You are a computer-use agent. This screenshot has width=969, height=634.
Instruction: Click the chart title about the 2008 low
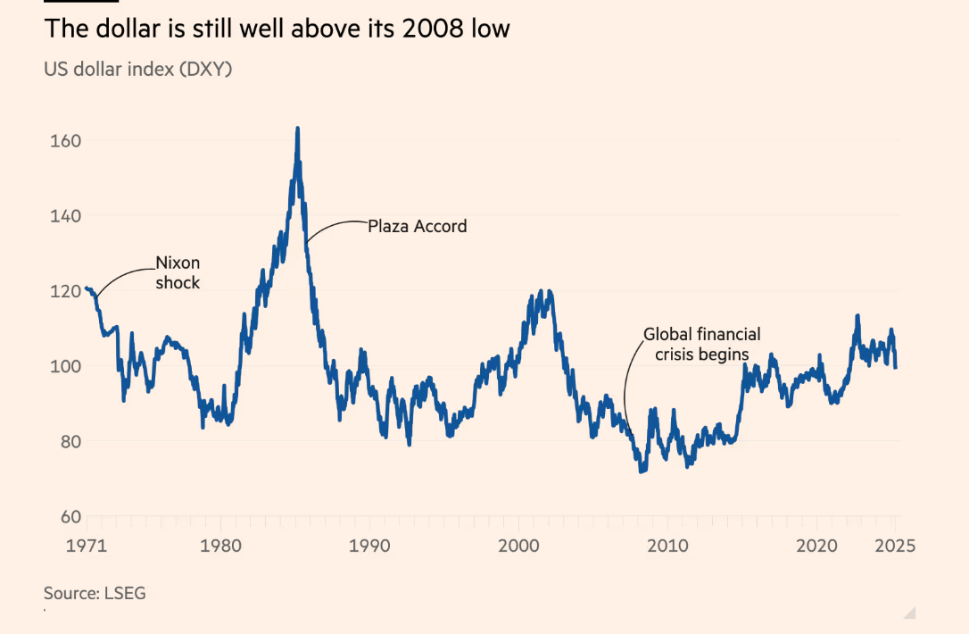tap(277, 29)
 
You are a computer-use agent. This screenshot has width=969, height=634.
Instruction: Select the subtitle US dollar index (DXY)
tap(137, 69)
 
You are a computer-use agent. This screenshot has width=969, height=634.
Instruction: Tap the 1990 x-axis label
tap(369, 546)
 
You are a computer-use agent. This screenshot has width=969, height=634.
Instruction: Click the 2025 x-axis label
tap(895, 546)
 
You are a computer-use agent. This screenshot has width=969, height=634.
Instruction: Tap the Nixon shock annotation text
tap(178, 272)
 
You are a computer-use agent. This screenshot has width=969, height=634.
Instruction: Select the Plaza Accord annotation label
tap(418, 227)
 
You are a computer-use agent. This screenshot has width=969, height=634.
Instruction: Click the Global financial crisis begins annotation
tap(702, 344)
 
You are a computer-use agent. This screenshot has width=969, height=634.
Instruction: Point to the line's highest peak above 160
tap(297, 129)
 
